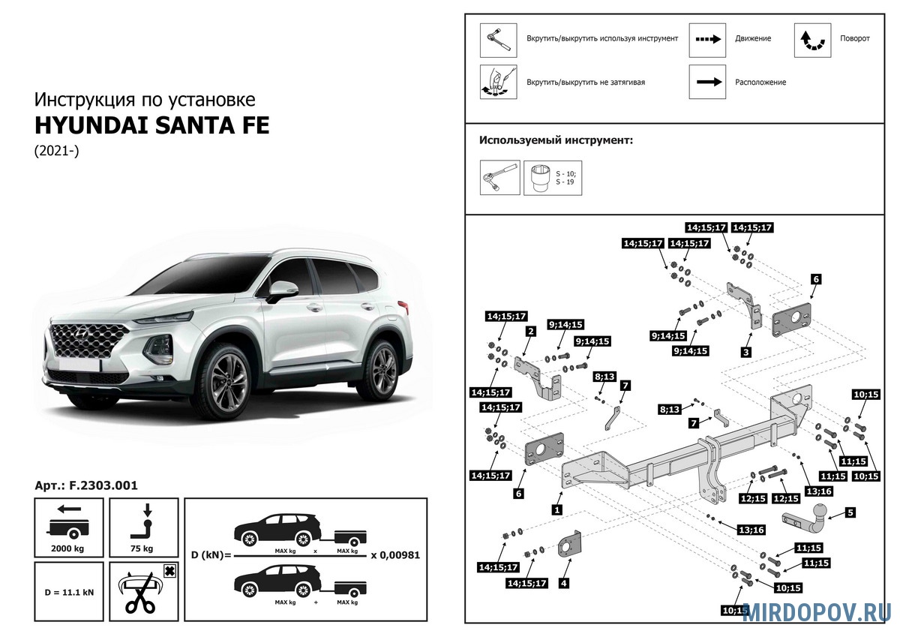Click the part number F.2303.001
click(x=103, y=485)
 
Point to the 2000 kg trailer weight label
click(x=67, y=548)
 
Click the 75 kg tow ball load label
click(x=142, y=548)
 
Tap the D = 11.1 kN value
click(x=69, y=592)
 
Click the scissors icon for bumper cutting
click(x=140, y=593)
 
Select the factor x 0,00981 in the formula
click(x=395, y=555)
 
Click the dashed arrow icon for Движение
click(x=708, y=39)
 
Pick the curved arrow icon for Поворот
click(x=813, y=41)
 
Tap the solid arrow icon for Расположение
click(x=709, y=82)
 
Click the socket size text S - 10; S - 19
click(x=565, y=178)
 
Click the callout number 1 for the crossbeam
click(x=556, y=509)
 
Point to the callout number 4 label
click(x=564, y=583)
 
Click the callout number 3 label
click(x=746, y=352)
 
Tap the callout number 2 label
click(x=531, y=331)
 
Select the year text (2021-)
click(x=57, y=151)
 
